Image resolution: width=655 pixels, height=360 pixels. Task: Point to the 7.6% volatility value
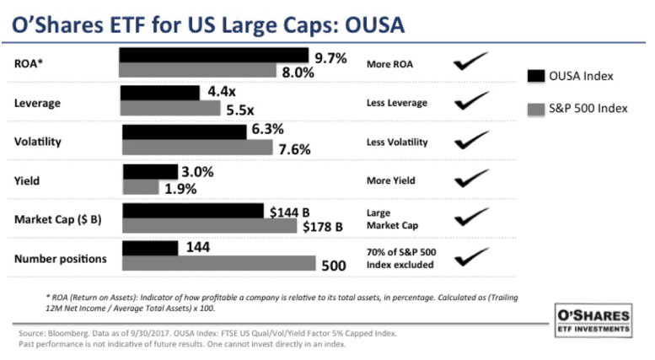coord(294,150)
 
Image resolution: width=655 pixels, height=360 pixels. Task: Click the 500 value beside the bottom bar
coord(335,266)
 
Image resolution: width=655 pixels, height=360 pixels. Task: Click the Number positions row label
coord(60,258)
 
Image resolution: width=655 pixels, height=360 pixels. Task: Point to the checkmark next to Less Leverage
coord(471,102)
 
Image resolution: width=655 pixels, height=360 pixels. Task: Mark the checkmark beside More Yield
coord(471,179)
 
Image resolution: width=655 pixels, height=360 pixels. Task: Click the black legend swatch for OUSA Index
coord(535,76)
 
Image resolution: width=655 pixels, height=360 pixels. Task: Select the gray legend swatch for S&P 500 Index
coord(535,110)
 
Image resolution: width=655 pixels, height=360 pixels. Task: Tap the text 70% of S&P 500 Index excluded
coord(401,258)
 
